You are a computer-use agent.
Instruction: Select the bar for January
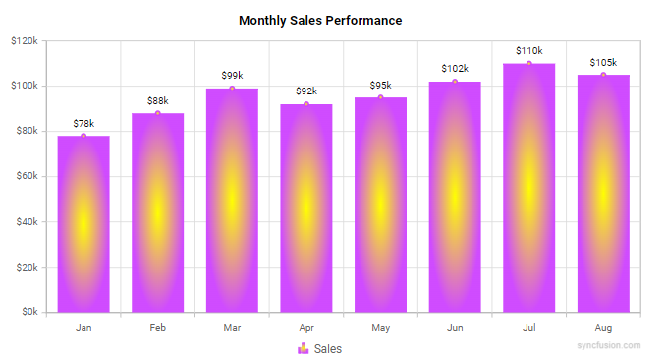(83, 224)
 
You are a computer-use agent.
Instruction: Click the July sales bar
(529, 188)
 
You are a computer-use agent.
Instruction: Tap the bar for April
(306, 209)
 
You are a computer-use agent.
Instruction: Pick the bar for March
(232, 201)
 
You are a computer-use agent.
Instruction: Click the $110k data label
(529, 50)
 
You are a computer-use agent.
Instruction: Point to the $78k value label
(83, 123)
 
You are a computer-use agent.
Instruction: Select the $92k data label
(306, 91)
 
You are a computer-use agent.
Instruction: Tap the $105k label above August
(603, 62)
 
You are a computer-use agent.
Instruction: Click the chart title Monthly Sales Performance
(320, 21)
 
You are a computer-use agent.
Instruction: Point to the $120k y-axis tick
(24, 41)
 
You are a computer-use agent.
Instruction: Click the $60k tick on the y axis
(26, 177)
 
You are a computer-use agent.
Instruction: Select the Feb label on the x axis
(158, 326)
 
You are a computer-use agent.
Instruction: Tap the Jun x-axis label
(455, 326)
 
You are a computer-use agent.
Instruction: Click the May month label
(381, 326)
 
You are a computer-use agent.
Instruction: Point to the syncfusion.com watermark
(609, 346)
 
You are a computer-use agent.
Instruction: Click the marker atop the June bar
(455, 82)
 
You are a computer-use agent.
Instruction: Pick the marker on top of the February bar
(158, 113)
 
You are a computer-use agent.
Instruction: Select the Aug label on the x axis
(603, 326)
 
